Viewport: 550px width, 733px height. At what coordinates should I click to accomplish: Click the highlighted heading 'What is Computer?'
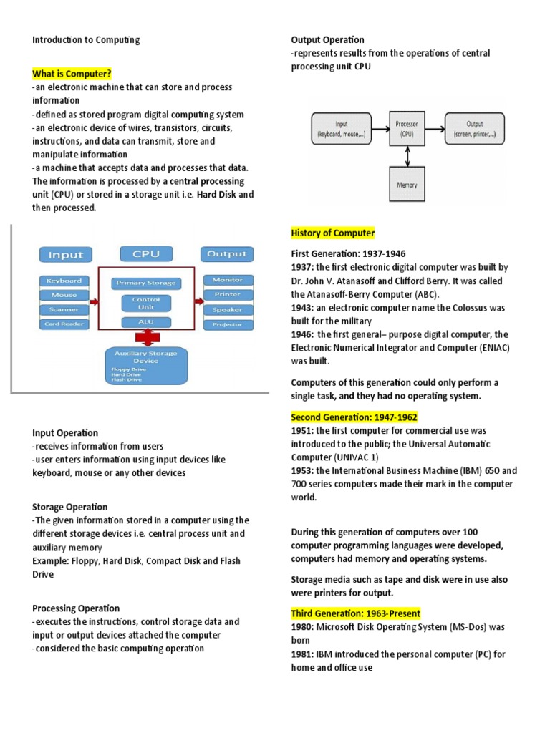[x=72, y=73]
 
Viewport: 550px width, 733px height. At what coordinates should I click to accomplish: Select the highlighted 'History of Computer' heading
[x=332, y=233]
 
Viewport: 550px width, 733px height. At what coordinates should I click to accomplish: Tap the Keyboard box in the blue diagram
[x=64, y=281]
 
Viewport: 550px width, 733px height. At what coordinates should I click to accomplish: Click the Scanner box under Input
[x=64, y=309]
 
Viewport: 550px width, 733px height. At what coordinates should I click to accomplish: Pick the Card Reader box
[x=64, y=324]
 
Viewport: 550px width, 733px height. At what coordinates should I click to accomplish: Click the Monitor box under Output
[x=227, y=280]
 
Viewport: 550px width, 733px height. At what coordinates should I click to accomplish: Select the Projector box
[x=227, y=324]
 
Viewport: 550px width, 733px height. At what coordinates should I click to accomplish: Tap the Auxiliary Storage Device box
[x=146, y=364]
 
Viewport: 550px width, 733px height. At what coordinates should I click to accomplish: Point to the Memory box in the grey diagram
[x=407, y=185]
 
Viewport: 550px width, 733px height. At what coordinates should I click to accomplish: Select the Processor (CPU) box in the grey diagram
[x=407, y=129]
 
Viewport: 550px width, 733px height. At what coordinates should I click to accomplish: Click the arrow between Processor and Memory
[x=407, y=156]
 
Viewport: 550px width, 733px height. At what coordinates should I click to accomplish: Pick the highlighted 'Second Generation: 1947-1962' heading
[x=354, y=417]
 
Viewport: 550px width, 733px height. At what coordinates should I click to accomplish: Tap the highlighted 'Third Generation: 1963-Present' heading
[x=355, y=613]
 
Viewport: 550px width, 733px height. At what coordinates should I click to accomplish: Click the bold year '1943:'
[x=303, y=307]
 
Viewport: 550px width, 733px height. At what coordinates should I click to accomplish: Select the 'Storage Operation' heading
[x=69, y=507]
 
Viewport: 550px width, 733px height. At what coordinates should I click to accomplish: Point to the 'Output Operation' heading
[x=327, y=40]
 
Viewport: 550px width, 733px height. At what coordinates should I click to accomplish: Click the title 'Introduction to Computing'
[x=86, y=40]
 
